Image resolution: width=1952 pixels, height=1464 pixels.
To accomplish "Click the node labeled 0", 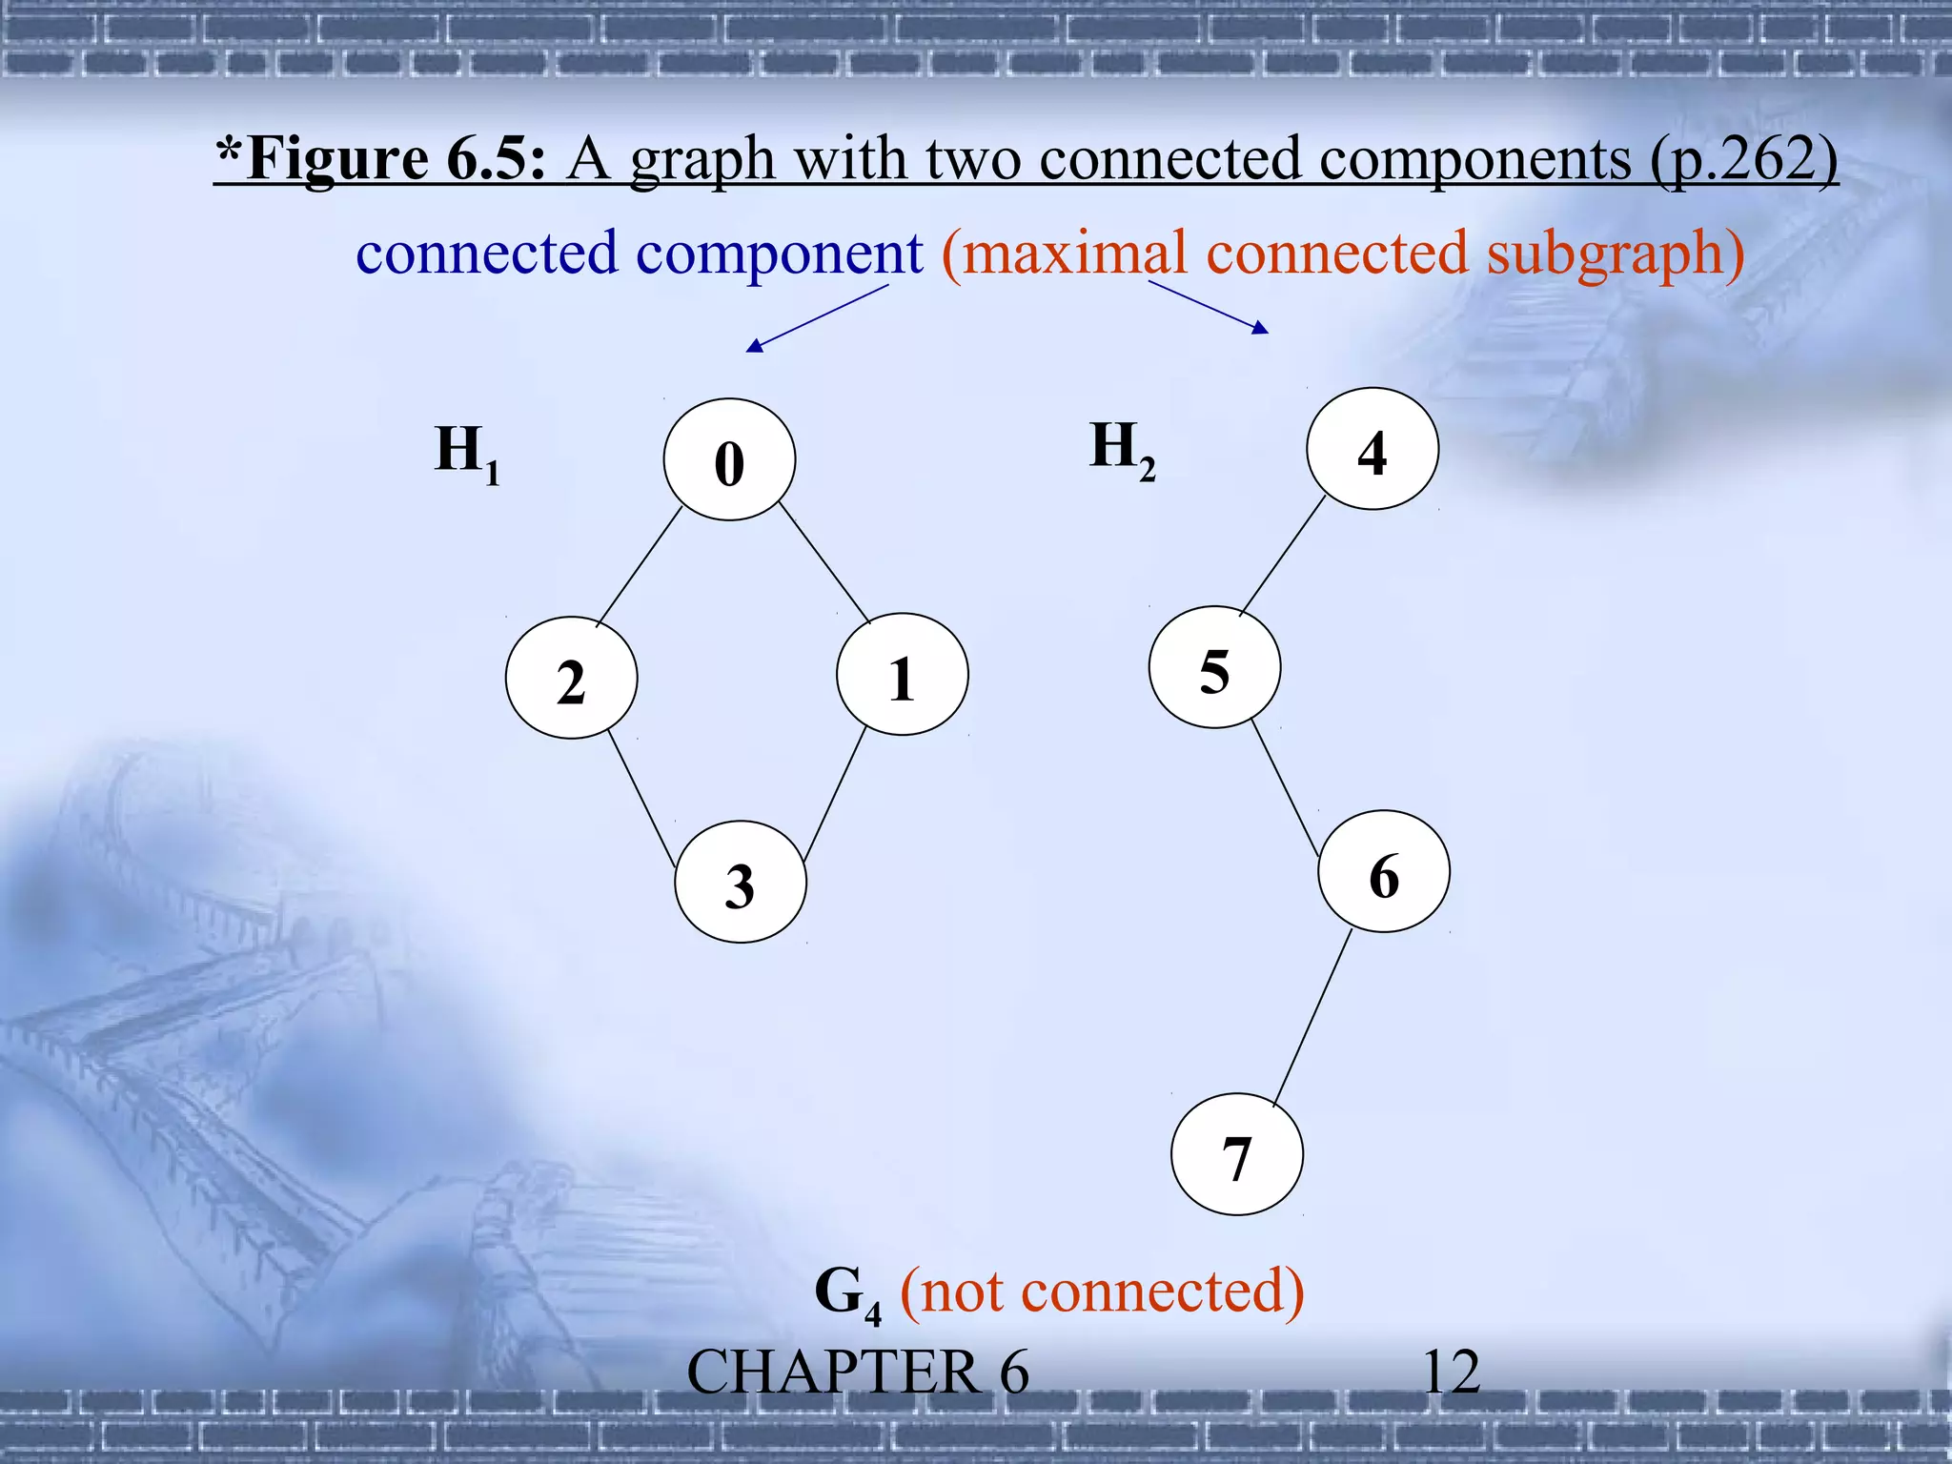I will click(729, 459).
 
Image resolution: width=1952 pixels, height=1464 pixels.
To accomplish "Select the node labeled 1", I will click(902, 674).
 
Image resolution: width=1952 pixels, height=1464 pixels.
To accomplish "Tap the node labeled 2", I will click(571, 678).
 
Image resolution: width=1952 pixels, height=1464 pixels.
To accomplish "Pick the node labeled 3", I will click(741, 882).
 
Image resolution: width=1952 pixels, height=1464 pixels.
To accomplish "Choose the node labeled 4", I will click(1372, 449).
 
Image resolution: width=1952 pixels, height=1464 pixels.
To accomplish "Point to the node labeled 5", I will click(1214, 667).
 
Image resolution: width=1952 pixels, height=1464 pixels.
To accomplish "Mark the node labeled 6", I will click(1384, 871).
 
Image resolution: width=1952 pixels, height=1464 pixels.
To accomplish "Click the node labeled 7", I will click(1236, 1154).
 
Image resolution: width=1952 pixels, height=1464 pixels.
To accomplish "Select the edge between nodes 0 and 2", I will click(639, 566).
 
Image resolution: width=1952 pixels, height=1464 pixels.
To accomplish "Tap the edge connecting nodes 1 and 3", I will click(835, 794).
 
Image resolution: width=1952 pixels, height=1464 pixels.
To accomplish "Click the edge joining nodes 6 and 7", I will click(1312, 1018).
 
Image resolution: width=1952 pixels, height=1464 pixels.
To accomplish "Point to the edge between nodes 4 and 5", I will click(1282, 556).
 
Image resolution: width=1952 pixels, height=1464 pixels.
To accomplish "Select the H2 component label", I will click(1122, 450).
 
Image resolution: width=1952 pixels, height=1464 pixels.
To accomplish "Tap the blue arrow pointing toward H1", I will click(818, 318).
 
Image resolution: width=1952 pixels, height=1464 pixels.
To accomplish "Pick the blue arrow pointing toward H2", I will click(1209, 306).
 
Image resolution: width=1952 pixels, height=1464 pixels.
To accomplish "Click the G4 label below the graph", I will click(847, 1294).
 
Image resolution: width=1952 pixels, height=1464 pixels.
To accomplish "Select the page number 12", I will click(1450, 1372).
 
